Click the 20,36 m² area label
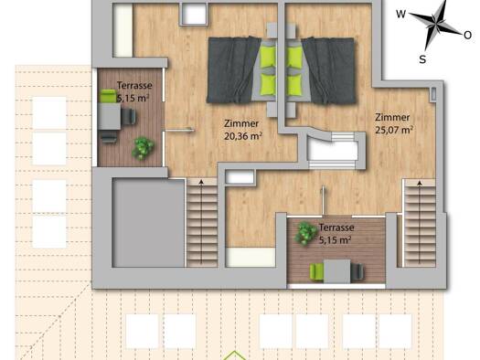point(243,136)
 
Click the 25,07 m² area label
point(394,130)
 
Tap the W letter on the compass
point(401,14)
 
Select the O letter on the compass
point(468,36)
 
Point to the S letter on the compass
point(422,59)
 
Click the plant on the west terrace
point(143,148)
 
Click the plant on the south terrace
point(305,233)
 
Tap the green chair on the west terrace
point(108,96)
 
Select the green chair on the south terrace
point(317,272)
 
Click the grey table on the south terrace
point(337,271)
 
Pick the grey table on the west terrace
point(110,116)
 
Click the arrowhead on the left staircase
point(201,183)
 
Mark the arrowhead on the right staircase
point(420,183)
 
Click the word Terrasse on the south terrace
point(336,228)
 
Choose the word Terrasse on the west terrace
point(134,85)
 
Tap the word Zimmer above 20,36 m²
point(241,123)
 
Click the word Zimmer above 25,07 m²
point(392,117)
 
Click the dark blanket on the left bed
point(232,70)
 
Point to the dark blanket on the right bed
point(329,70)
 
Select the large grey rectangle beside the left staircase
point(149,223)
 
